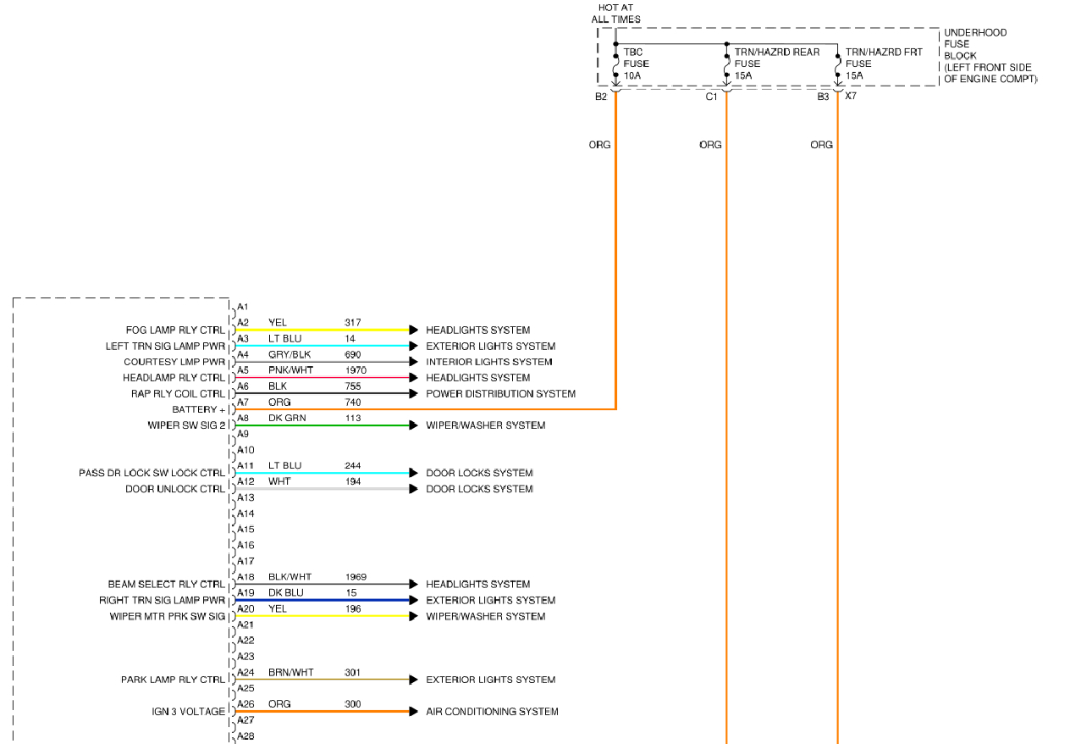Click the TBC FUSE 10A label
(636, 64)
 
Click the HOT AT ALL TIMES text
(615, 14)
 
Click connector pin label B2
(601, 97)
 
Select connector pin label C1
(711, 97)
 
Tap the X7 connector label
(851, 97)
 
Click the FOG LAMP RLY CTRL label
(175, 330)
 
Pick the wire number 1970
(357, 370)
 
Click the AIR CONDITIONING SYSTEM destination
(492, 712)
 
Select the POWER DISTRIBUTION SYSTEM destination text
(500, 394)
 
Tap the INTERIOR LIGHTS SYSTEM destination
(488, 362)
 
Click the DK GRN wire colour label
(286, 418)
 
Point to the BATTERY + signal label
(199, 410)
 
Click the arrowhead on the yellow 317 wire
(414, 330)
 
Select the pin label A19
(245, 593)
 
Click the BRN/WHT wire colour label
(290, 673)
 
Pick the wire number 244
(354, 466)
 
